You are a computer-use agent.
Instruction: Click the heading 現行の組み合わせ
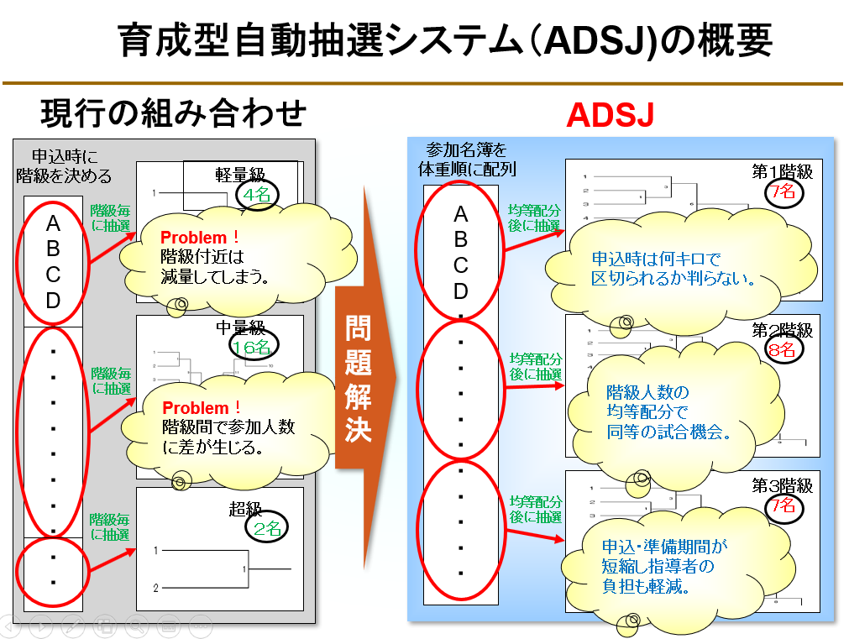click(x=173, y=113)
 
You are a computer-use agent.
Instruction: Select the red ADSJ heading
click(x=610, y=115)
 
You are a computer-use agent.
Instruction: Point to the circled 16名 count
click(x=252, y=346)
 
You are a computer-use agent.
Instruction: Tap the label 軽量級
click(x=240, y=175)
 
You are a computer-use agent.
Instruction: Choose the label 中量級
click(x=242, y=326)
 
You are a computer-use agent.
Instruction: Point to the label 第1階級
click(x=783, y=171)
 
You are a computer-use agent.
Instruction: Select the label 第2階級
click(x=783, y=329)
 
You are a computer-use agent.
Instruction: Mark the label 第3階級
click(x=783, y=485)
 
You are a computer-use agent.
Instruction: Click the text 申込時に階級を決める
click(x=65, y=165)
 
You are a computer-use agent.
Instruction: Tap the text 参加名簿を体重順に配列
click(x=467, y=159)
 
